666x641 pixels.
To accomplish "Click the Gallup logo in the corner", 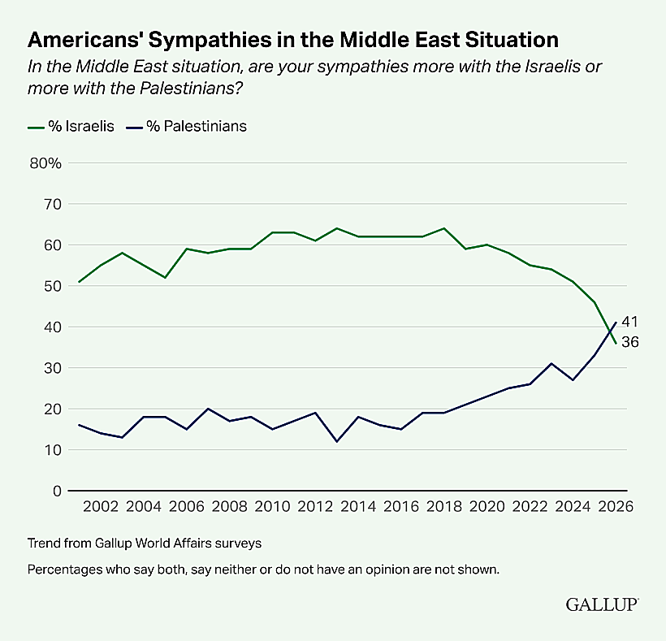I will [602, 604].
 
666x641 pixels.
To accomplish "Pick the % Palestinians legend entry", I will [190, 126].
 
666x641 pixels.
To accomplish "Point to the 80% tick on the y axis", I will [45, 163].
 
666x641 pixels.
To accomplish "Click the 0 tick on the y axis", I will [56, 491].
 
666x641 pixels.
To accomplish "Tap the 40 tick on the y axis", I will [51, 327].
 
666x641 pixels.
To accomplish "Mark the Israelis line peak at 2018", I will [442, 228].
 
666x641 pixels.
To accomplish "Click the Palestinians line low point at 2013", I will [336, 441].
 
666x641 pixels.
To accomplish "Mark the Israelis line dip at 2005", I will [166, 278].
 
